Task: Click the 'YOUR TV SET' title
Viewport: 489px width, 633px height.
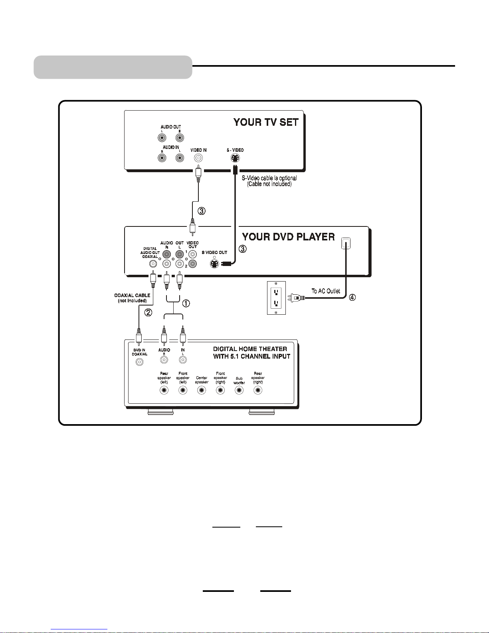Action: pos(266,122)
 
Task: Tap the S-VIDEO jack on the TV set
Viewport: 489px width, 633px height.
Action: pos(235,158)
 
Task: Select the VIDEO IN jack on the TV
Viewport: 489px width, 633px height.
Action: pos(198,158)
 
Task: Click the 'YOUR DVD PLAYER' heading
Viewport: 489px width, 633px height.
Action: pos(288,237)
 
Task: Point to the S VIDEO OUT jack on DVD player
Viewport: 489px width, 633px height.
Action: pos(215,264)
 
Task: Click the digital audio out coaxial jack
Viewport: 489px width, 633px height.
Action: pos(153,264)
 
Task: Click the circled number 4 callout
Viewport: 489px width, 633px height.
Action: pos(352,297)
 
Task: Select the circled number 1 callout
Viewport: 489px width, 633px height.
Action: pos(186,303)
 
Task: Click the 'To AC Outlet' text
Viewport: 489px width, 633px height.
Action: pos(326,291)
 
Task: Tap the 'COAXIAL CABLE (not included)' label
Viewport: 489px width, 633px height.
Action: pos(132,298)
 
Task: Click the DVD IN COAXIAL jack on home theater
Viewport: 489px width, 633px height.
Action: pos(140,362)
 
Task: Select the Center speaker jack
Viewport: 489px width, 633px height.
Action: pos(202,391)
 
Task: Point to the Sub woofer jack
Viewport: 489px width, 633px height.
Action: pos(239,391)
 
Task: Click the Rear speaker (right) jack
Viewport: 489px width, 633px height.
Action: pos(258,391)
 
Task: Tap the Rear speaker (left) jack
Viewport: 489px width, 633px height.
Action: pos(164,391)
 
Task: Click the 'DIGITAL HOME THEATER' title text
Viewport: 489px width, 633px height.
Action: pos(250,349)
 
